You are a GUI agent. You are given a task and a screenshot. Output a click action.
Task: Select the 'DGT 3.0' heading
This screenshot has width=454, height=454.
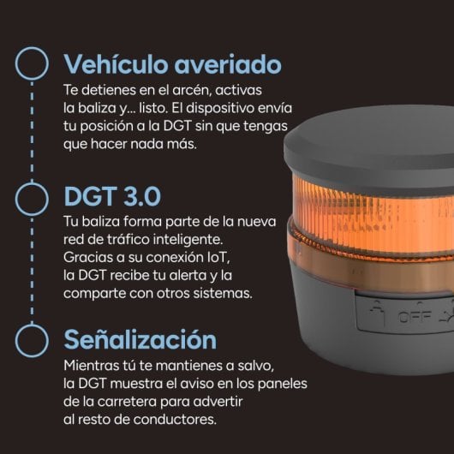[x=112, y=196]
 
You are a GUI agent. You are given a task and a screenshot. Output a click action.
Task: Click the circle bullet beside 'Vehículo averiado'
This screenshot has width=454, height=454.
[x=33, y=64]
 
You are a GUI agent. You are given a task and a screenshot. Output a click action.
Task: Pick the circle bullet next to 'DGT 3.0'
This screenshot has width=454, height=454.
[x=33, y=196]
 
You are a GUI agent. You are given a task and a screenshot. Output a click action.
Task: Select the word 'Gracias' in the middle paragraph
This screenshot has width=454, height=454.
[x=87, y=257]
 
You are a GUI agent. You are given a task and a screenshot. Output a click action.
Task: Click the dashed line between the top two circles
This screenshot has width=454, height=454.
[x=33, y=130]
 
